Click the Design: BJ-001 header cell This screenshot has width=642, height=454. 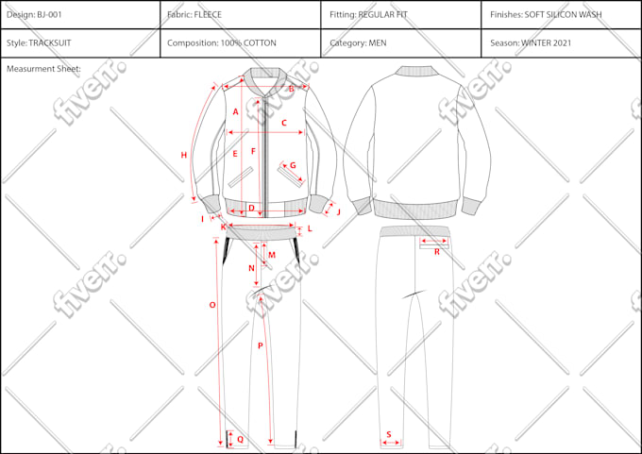click(x=80, y=15)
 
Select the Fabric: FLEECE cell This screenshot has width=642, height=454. click(x=241, y=15)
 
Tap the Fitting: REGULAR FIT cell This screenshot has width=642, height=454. click(x=401, y=15)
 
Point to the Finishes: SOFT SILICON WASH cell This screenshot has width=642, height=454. click(x=561, y=15)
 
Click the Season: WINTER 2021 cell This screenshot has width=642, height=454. click(x=561, y=43)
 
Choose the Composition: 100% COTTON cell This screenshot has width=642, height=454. click(x=241, y=43)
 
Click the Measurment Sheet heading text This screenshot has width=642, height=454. click(x=43, y=69)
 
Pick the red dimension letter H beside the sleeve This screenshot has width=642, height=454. click(x=184, y=155)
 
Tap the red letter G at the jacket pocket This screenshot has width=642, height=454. click(x=293, y=165)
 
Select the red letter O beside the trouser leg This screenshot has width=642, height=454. click(x=212, y=305)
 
